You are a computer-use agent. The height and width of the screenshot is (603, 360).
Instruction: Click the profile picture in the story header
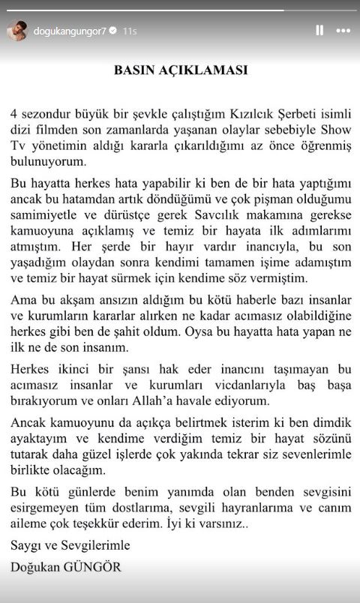click(x=17, y=31)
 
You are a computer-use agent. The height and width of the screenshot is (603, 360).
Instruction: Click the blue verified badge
click(x=113, y=31)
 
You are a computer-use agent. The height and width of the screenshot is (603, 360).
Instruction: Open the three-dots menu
click(x=343, y=31)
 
